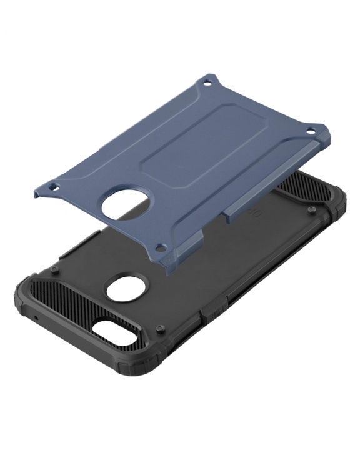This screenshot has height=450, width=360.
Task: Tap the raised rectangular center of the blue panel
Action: pos(187,150)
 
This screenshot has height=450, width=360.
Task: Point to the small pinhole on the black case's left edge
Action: pos(36,317)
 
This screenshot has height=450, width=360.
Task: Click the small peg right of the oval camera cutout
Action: pos(161,326)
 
